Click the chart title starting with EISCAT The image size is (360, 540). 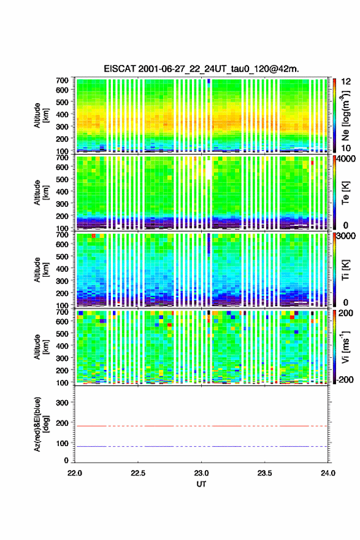[x=201, y=69]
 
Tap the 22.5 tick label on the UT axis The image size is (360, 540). [x=137, y=473]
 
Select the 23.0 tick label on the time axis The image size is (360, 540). [x=201, y=473]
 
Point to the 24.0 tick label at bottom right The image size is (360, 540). [x=328, y=473]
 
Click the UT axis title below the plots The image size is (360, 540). [x=201, y=484]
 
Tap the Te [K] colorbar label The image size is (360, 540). [x=345, y=193]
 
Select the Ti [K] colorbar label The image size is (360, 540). [x=345, y=269]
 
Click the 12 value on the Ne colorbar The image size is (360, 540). [x=346, y=82]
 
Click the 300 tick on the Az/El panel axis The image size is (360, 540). [x=63, y=403]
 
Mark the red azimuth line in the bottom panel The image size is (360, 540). [x=201, y=426]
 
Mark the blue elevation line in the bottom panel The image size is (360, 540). [x=201, y=446]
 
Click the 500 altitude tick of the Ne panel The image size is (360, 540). [x=63, y=102]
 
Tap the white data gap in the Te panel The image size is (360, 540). [x=209, y=168]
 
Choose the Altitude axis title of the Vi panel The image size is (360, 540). [x=40, y=347]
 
